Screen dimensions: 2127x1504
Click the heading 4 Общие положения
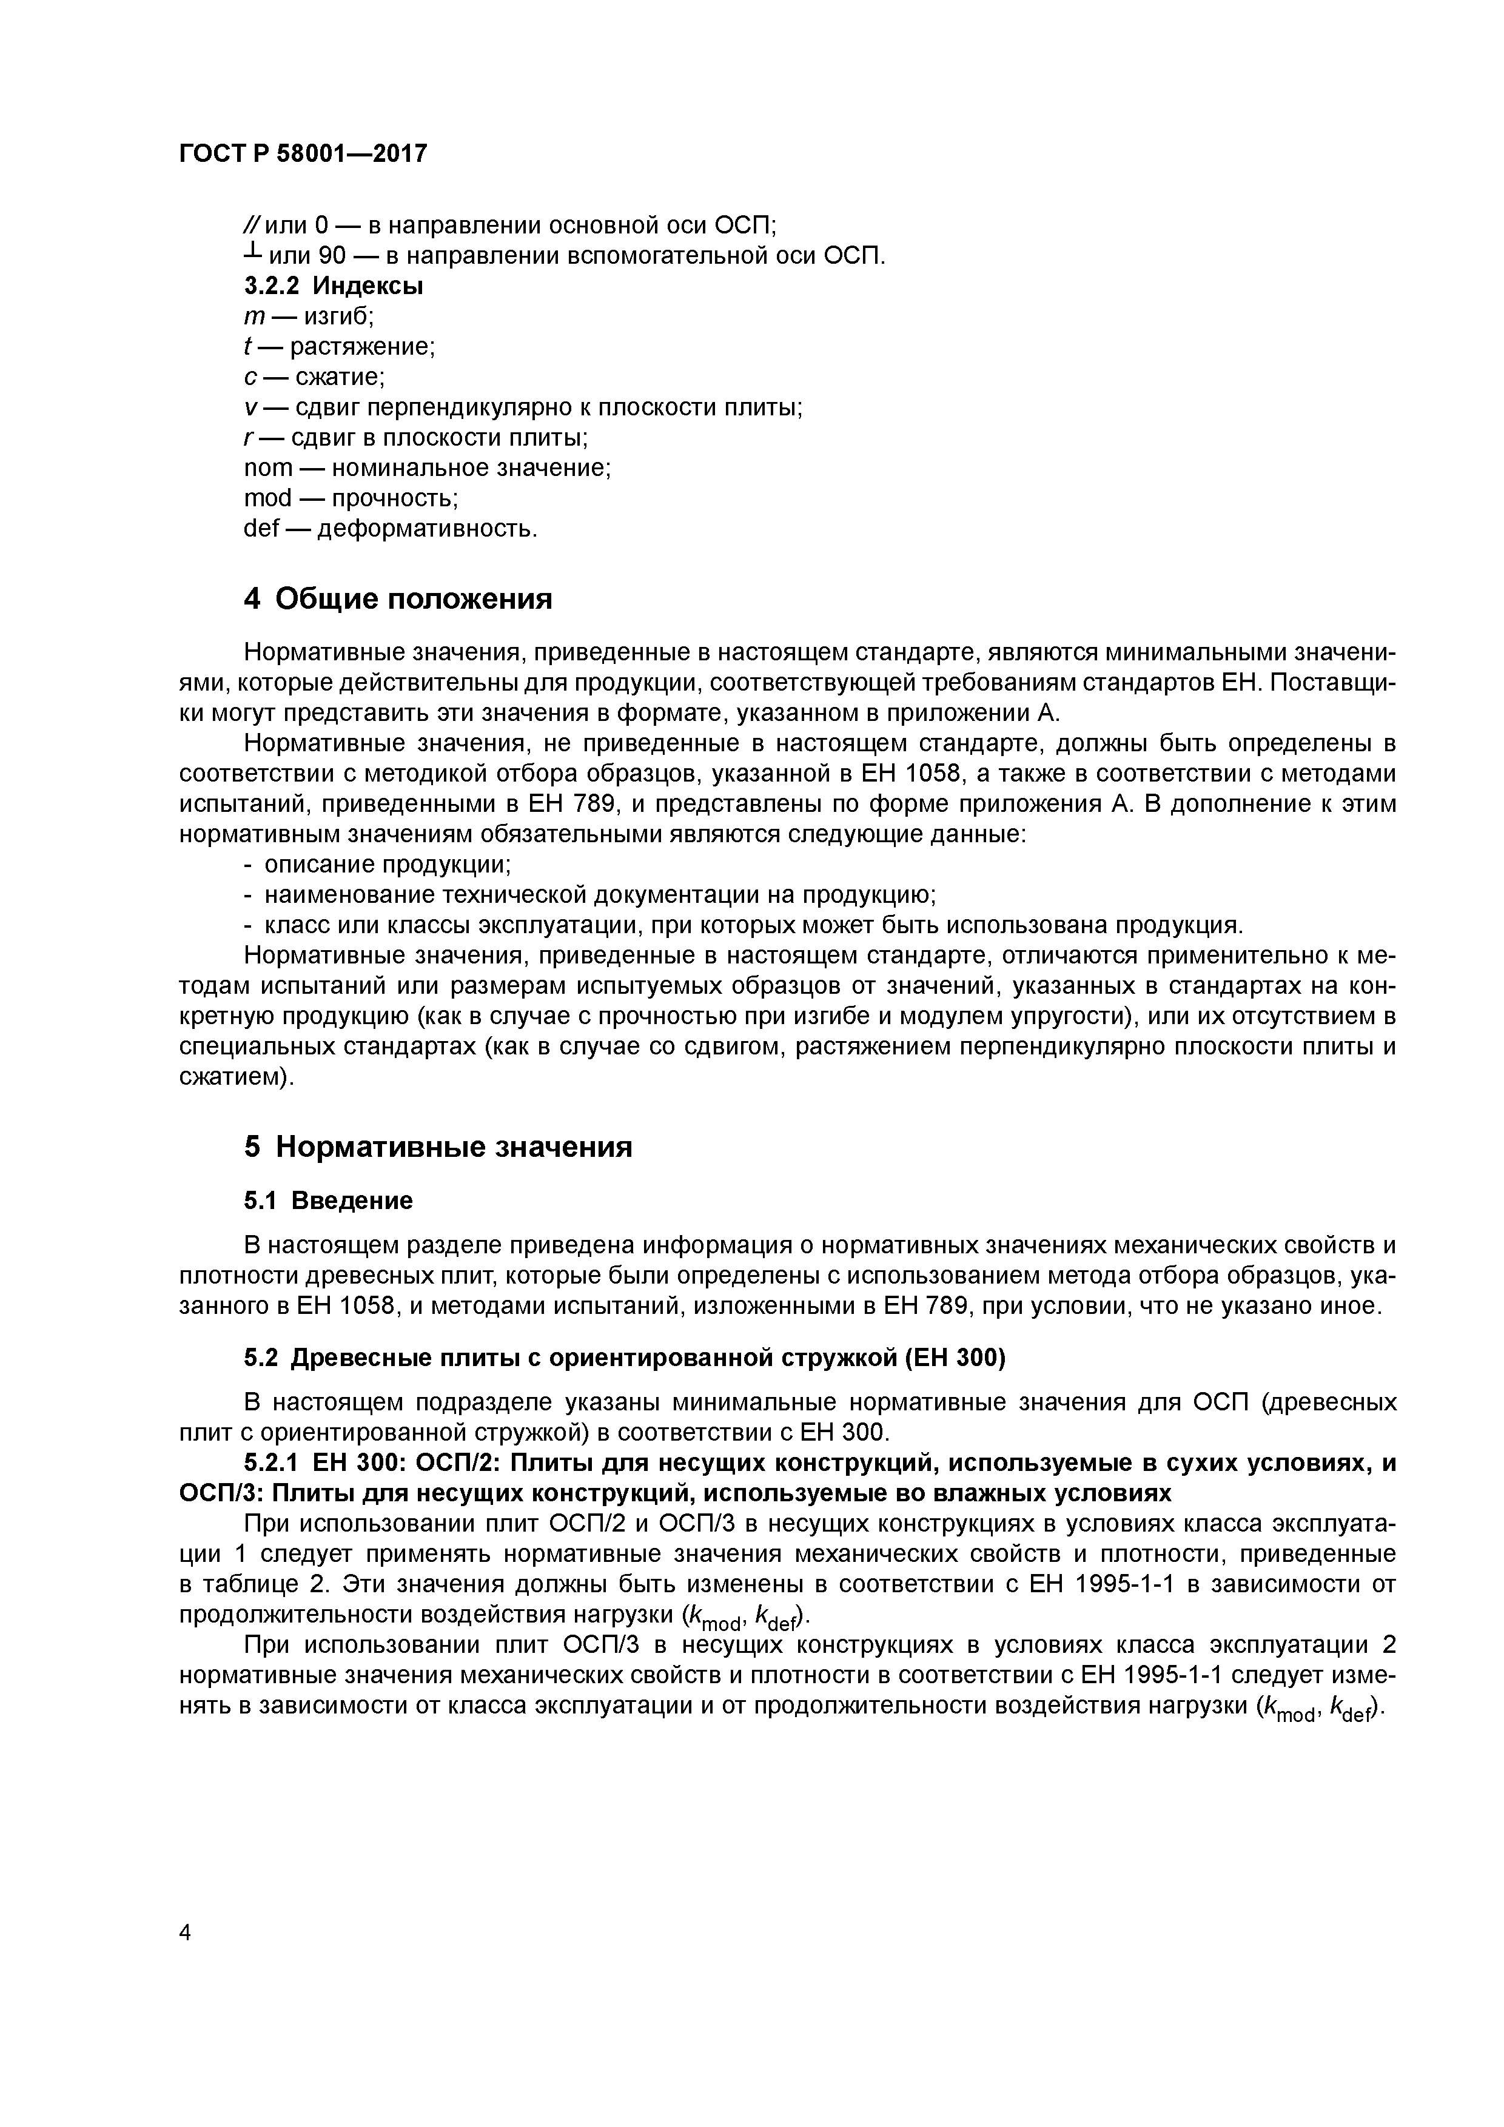coord(398,600)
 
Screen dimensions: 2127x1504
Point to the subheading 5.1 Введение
coord(328,1201)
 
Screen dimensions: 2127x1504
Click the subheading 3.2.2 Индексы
coord(333,286)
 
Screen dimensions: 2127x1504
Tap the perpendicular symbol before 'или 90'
coord(251,253)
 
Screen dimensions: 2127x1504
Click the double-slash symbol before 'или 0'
coord(252,225)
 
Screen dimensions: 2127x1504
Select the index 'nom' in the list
coord(268,469)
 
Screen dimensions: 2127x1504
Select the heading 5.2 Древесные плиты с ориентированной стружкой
coord(623,1358)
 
